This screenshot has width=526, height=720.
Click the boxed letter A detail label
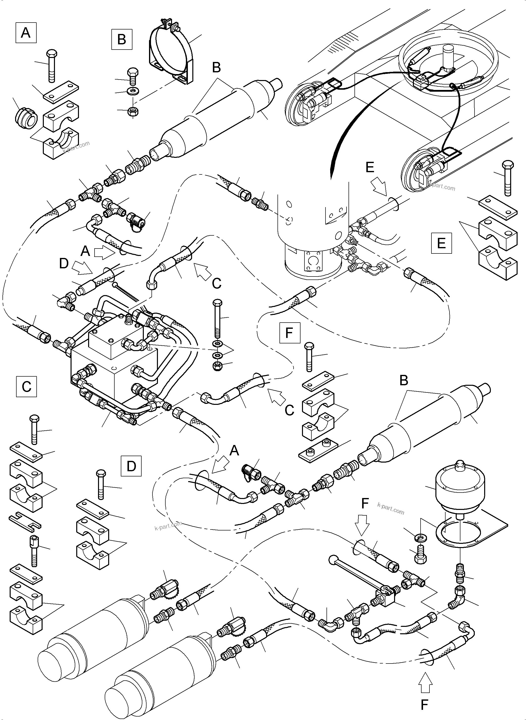click(x=26, y=32)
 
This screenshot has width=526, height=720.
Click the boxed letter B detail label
click(x=122, y=40)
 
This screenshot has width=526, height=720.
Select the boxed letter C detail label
click(x=26, y=387)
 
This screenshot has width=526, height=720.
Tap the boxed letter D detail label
click(x=131, y=466)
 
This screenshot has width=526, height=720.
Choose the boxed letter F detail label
click(x=289, y=332)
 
